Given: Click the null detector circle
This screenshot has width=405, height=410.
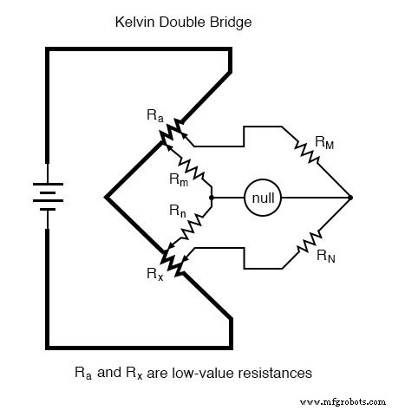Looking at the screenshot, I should (259, 198).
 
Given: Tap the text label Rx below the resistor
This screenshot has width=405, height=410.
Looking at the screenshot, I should (155, 278).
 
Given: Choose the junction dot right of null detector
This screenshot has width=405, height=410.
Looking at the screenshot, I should (351, 198).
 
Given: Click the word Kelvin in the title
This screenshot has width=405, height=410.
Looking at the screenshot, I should (134, 16).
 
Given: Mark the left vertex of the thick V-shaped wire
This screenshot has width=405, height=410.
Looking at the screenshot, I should (106, 198).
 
